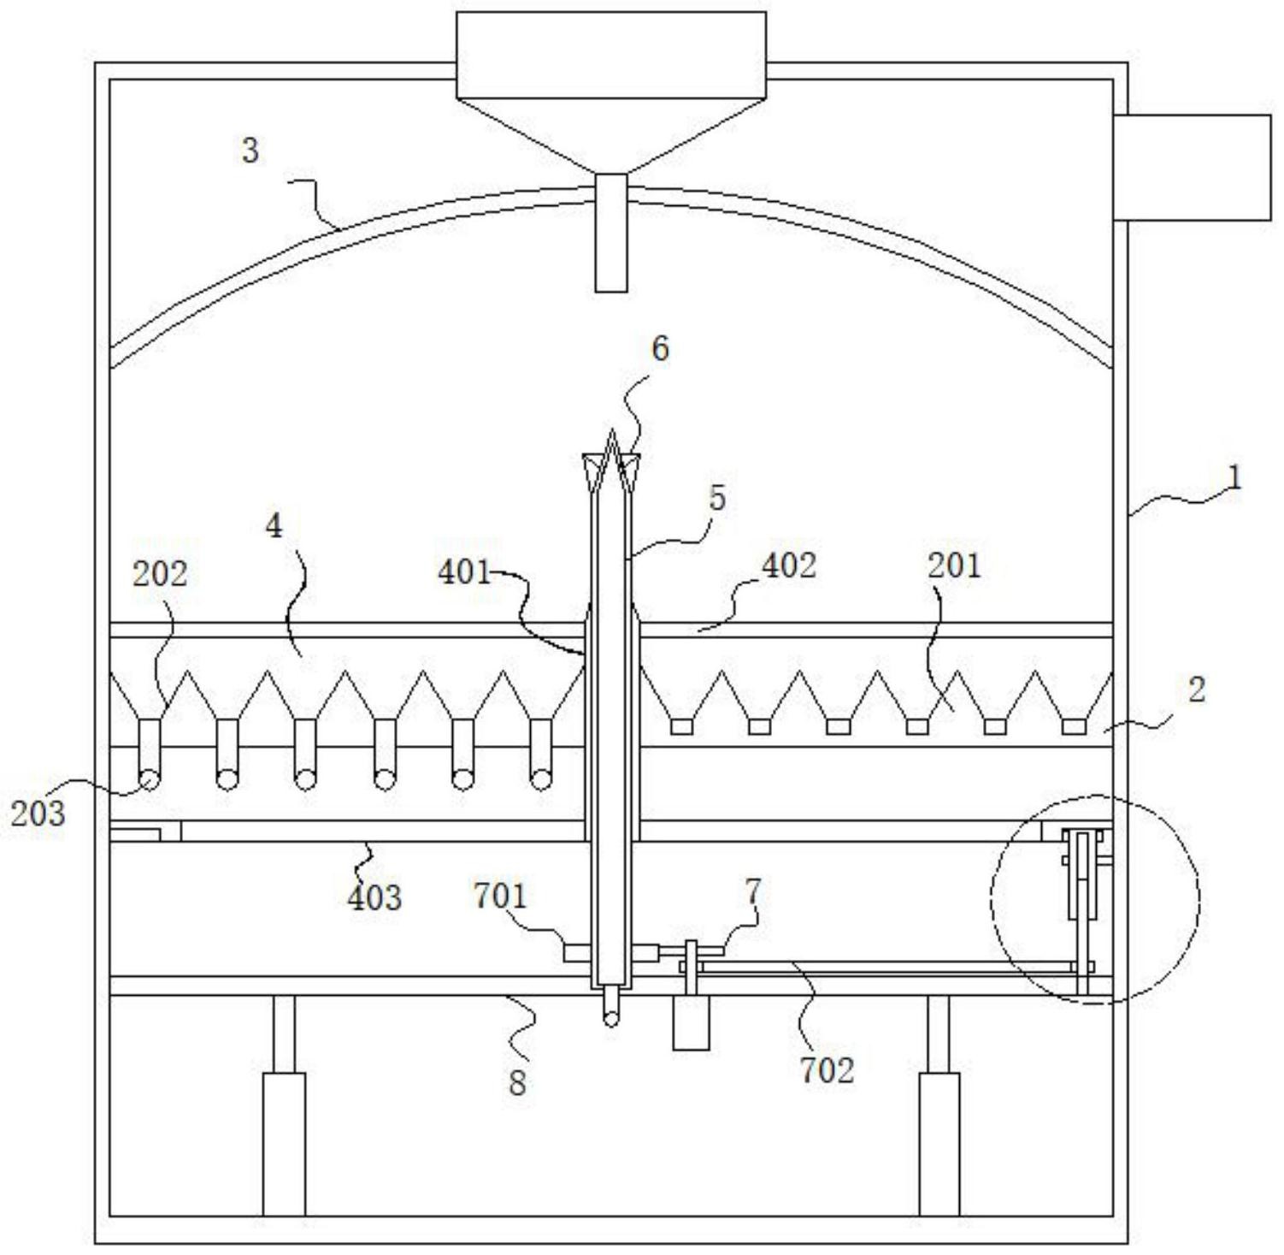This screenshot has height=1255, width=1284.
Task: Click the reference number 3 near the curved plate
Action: point(250,151)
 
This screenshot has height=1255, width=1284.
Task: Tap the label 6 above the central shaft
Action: point(659,349)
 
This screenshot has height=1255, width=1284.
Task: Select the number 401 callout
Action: point(464,572)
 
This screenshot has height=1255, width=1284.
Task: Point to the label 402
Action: point(788,565)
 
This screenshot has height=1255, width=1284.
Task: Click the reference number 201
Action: point(954,565)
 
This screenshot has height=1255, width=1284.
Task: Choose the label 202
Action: point(159,574)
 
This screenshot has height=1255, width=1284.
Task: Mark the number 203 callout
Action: point(38,813)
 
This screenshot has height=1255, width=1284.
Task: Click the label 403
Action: point(374,897)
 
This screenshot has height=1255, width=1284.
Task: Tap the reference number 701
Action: point(500,897)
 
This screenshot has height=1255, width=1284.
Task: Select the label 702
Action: point(827,1070)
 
